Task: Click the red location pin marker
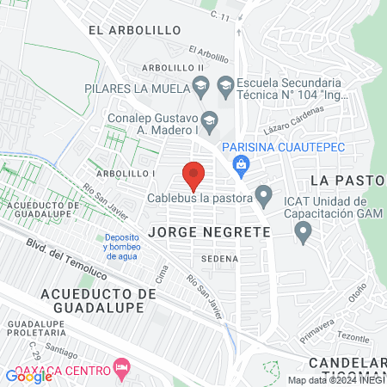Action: [194, 175]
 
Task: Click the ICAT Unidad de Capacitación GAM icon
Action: [302, 230]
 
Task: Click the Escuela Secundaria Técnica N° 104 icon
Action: [225, 83]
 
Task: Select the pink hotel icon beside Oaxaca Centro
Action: [122, 369]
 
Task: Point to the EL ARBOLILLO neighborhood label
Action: [134, 30]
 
